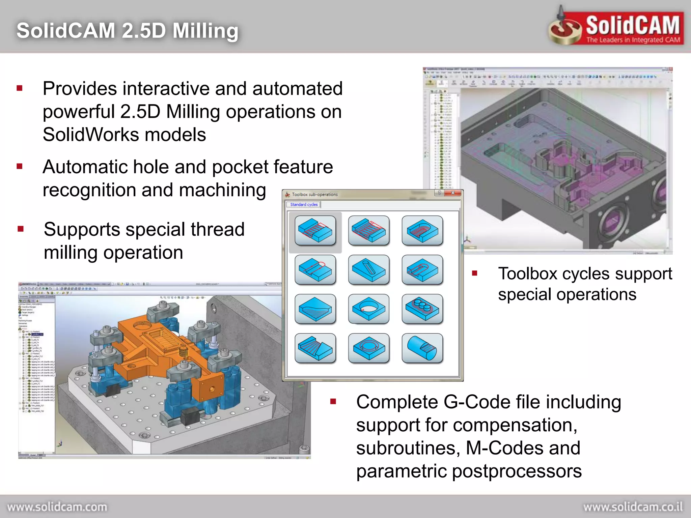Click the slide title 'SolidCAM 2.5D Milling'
(128, 31)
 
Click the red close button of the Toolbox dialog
(453, 193)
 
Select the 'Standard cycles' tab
(304, 204)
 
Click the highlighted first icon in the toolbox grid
(315, 231)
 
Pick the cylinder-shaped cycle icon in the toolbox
(422, 348)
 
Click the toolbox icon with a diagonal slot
(368, 270)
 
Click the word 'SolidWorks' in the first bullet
(91, 135)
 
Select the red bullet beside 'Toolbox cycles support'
(475, 273)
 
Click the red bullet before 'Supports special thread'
(21, 229)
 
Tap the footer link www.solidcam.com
(57, 507)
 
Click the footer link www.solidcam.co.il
(633, 507)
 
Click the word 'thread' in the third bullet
(218, 229)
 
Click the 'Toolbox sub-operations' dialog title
(314, 195)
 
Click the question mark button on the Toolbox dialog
(439, 193)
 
